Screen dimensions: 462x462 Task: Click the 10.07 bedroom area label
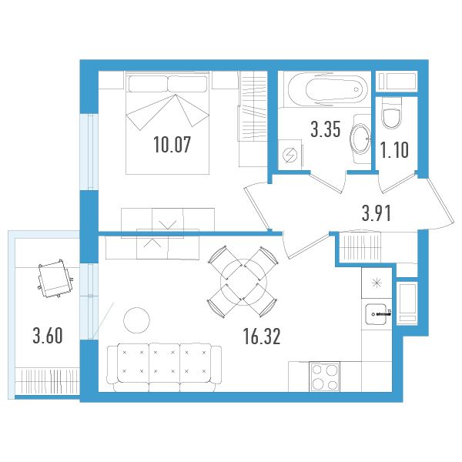click(172, 145)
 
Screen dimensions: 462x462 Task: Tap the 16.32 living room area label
click(262, 336)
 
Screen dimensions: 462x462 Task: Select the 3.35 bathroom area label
click(326, 129)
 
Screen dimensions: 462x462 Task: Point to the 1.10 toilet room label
click(394, 149)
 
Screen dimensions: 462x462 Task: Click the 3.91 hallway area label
click(377, 213)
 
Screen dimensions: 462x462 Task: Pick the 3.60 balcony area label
click(48, 336)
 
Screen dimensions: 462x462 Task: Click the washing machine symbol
click(290, 155)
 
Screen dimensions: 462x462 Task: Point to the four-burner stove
click(324, 377)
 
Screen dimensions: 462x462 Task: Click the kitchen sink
click(376, 314)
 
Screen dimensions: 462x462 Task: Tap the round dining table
click(243, 282)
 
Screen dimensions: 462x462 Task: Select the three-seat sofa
click(165, 367)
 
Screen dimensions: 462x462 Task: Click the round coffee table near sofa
click(136, 320)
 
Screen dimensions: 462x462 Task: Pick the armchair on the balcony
click(55, 279)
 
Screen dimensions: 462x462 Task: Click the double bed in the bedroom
click(167, 122)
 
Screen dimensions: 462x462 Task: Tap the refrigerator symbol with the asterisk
click(377, 283)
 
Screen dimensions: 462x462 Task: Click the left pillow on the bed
click(148, 84)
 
